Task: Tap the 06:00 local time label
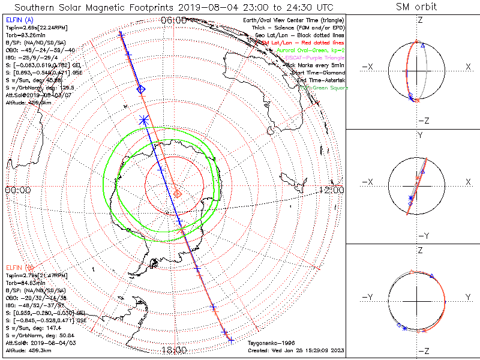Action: click(173, 20)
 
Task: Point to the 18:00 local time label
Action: click(173, 350)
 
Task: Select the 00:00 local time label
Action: click(18, 190)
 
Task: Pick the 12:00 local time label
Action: click(331, 190)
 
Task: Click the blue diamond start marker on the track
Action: click(141, 89)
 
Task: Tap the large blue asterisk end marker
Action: click(143, 119)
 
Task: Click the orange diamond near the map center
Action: click(178, 193)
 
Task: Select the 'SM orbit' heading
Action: click(416, 7)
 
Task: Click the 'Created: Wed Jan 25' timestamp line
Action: click(295, 350)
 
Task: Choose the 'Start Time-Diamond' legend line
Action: click(316, 72)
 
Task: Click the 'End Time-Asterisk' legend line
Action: click(317, 80)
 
